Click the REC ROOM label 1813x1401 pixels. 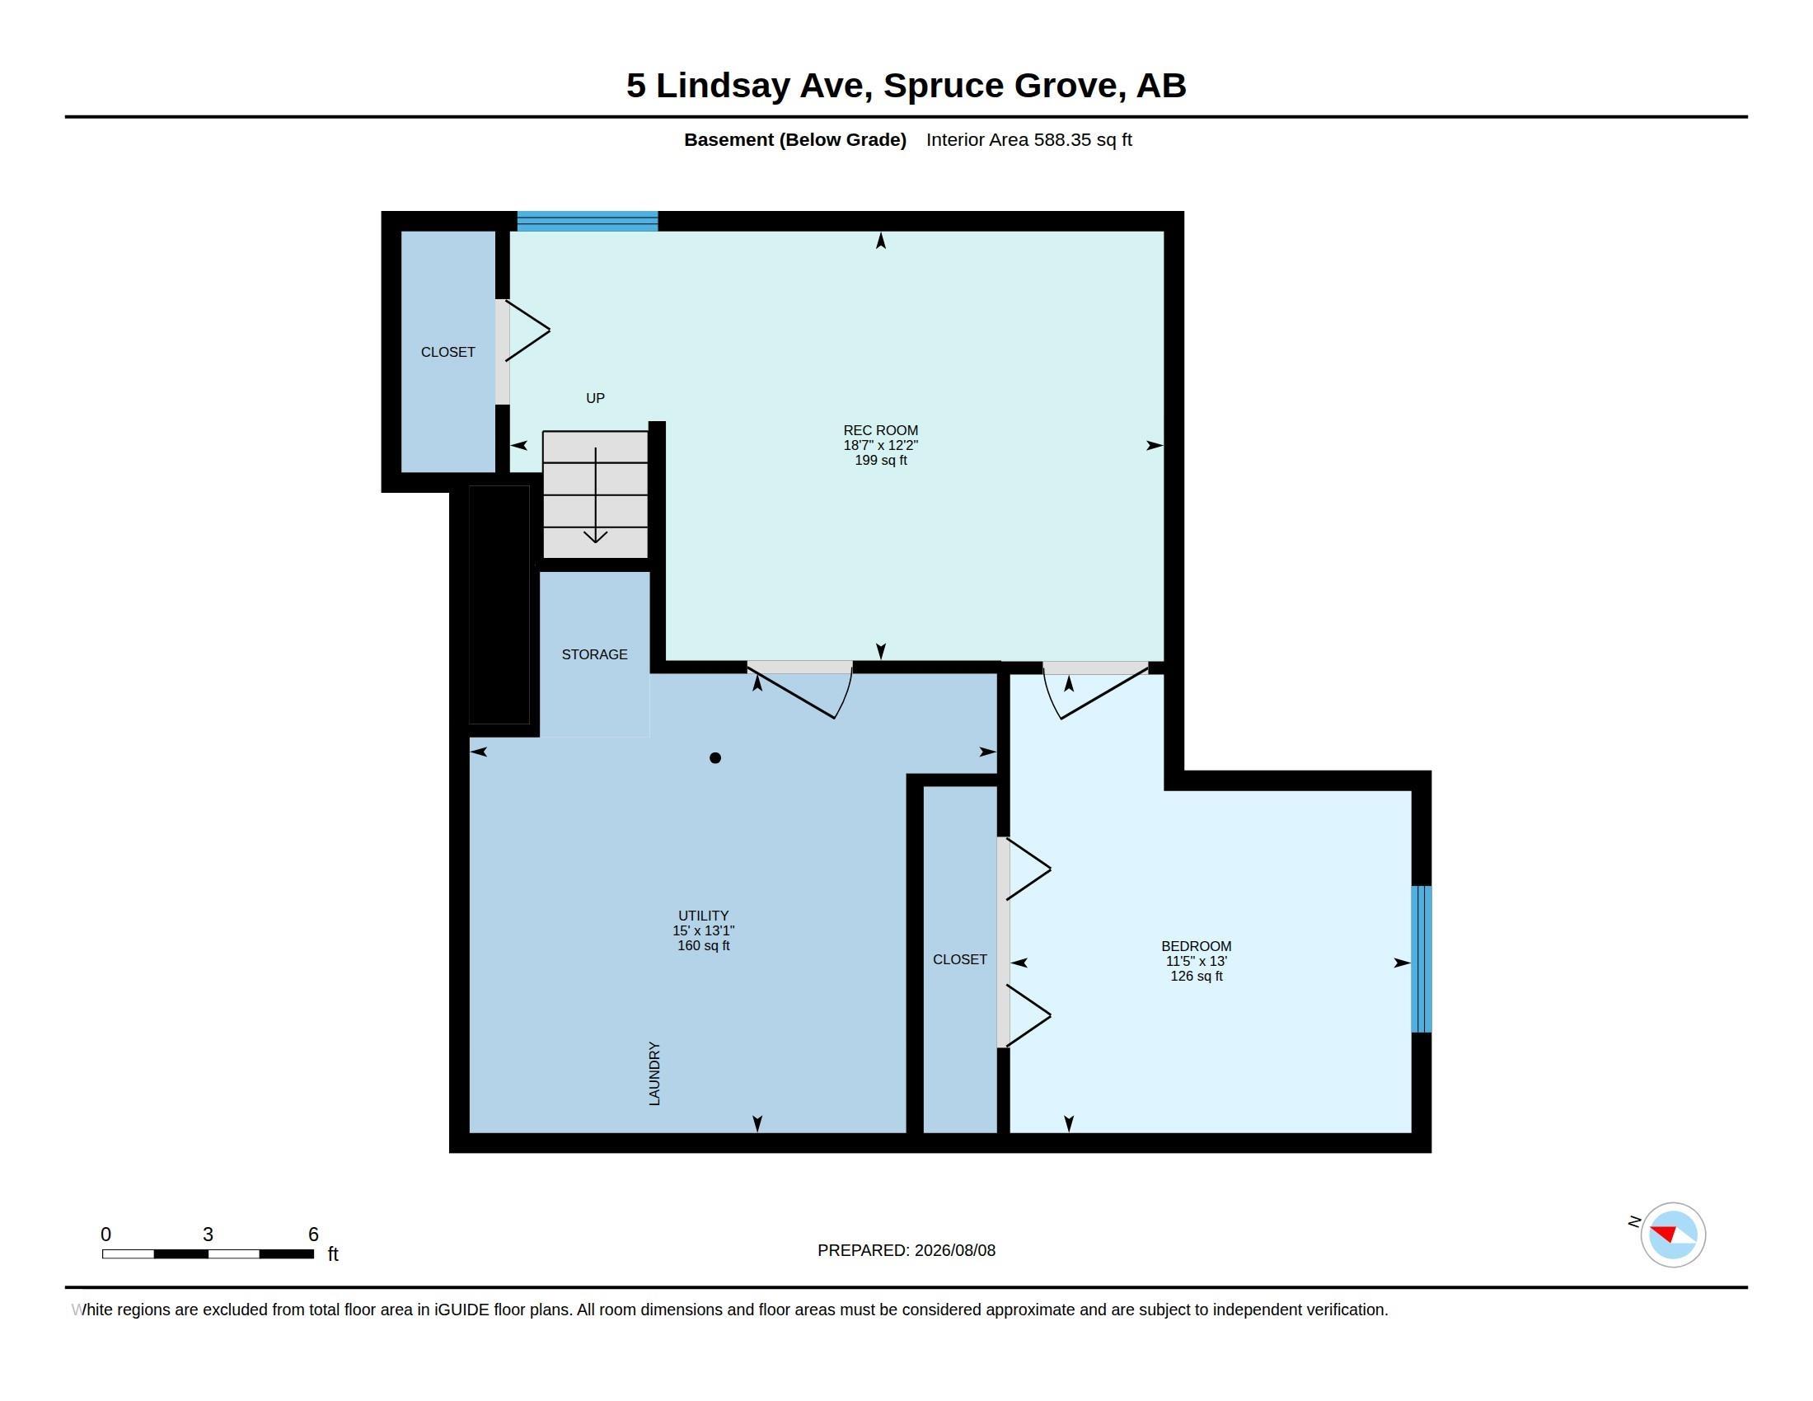click(x=880, y=430)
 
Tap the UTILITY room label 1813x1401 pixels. click(x=703, y=916)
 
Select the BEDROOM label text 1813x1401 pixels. click(x=1197, y=946)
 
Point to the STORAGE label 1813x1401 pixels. click(x=594, y=654)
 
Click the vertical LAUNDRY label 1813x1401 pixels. click(x=654, y=1073)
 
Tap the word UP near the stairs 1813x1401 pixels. click(x=595, y=398)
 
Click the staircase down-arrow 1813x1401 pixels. click(x=595, y=495)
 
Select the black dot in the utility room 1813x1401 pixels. click(x=714, y=757)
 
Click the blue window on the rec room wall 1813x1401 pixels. click(x=588, y=222)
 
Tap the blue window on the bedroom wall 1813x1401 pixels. click(x=1422, y=959)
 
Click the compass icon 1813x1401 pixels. click(x=1673, y=1235)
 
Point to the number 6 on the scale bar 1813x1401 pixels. click(x=313, y=1235)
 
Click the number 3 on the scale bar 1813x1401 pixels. click(x=208, y=1235)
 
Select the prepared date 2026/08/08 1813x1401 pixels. click(x=954, y=1250)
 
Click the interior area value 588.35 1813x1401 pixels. click(x=1061, y=139)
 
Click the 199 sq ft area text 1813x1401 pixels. click(x=881, y=460)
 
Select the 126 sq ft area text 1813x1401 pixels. click(x=1197, y=976)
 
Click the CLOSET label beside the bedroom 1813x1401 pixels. click(x=959, y=959)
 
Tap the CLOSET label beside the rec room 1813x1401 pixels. click(x=447, y=352)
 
